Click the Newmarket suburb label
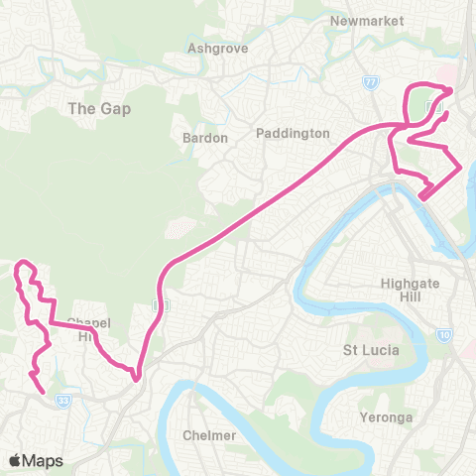tap(357, 20)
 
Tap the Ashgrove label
tap(210, 47)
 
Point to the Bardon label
tap(205, 138)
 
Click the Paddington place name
tap(292, 133)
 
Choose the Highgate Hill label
tap(410, 290)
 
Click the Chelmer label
tap(210, 435)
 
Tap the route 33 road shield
tap(64, 401)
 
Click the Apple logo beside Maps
tap(15, 461)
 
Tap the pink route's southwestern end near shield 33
tap(44, 393)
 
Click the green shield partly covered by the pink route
tap(155, 303)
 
